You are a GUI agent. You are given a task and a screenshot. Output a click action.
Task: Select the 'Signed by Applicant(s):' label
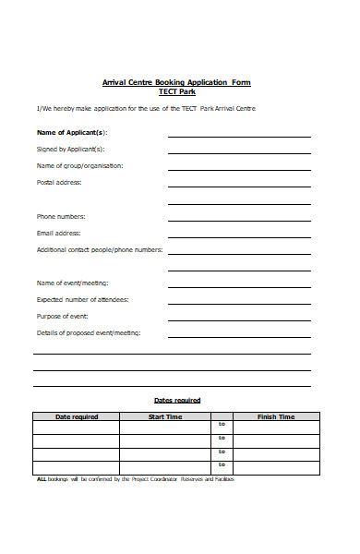pyautogui.click(x=70, y=149)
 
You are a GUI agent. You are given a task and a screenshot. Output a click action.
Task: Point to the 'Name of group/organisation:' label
pyautogui.click(x=79, y=165)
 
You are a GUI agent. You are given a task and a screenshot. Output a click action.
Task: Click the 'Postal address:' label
pyautogui.click(x=59, y=182)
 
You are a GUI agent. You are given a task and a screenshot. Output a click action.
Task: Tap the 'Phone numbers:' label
pyautogui.click(x=61, y=216)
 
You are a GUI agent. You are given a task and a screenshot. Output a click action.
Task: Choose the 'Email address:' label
pyautogui.click(x=59, y=233)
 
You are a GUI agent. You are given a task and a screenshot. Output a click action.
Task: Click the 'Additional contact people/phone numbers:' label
pyautogui.click(x=100, y=249)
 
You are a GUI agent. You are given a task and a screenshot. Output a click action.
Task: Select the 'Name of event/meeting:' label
pyautogui.click(x=72, y=283)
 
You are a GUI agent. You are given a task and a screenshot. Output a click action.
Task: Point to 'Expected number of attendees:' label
pyautogui.click(x=82, y=299)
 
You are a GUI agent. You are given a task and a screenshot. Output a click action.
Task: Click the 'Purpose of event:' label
pyautogui.click(x=63, y=316)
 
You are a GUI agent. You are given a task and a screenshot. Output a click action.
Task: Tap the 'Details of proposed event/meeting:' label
pyautogui.click(x=89, y=332)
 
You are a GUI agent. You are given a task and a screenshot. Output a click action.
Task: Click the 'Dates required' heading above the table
pyautogui.click(x=177, y=400)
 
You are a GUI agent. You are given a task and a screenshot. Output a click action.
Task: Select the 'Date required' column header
pyautogui.click(x=77, y=417)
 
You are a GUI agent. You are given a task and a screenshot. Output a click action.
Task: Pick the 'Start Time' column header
pyautogui.click(x=166, y=417)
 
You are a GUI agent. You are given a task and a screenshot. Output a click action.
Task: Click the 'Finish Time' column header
pyautogui.click(x=276, y=417)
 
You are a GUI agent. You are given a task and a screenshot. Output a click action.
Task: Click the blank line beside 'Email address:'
pyautogui.click(x=239, y=236)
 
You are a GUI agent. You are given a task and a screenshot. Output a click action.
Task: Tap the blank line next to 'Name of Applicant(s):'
pyautogui.click(x=239, y=136)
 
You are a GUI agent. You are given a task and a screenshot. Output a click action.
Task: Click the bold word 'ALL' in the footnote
pyautogui.click(x=42, y=480)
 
